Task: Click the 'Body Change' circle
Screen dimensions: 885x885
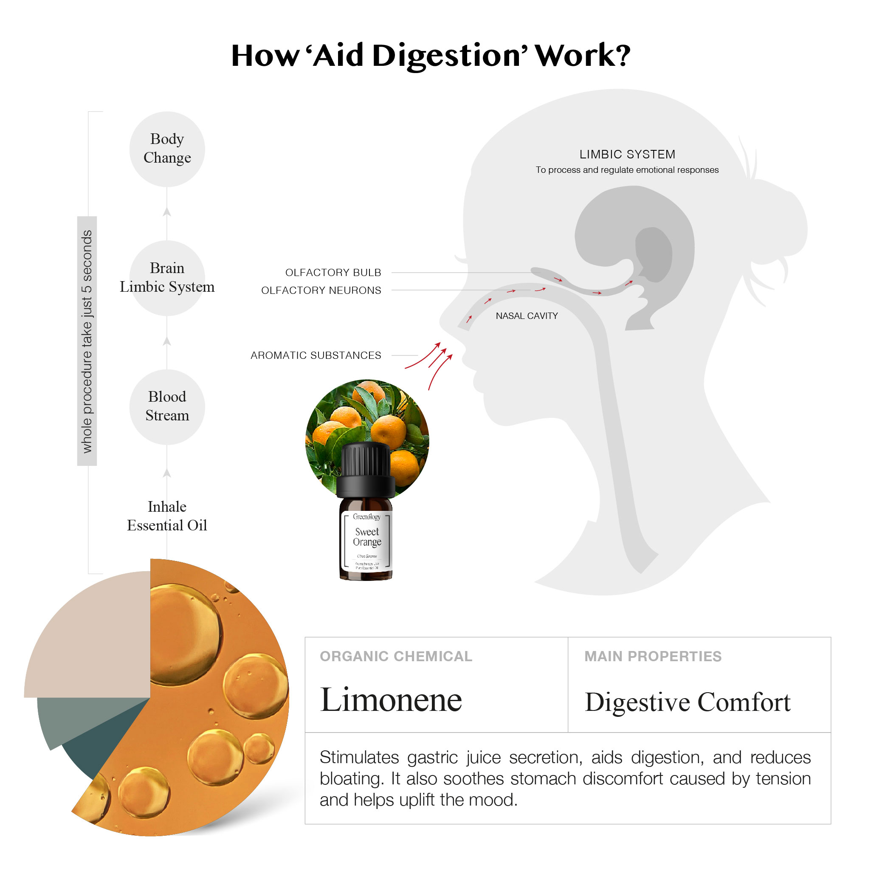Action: (167, 149)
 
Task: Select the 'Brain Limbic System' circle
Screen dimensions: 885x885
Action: (167, 278)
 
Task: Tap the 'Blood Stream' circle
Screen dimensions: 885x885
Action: (167, 406)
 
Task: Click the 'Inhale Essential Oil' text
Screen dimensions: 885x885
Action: (167, 516)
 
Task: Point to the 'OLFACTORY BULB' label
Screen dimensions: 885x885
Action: (333, 273)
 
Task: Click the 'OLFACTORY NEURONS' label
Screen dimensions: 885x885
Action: (321, 290)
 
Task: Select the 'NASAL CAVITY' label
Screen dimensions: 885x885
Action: (526, 316)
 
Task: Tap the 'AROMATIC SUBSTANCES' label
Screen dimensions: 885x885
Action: (316, 355)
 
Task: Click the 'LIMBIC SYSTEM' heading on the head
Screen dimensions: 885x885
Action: (627, 155)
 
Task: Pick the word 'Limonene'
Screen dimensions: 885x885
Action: (391, 700)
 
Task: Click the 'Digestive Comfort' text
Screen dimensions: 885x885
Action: (687, 702)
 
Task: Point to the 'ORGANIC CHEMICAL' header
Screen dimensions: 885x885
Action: (395, 656)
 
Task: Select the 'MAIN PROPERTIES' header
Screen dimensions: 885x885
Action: (652, 656)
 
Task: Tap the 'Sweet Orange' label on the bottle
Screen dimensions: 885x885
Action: (366, 536)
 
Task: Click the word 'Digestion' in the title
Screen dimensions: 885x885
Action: (447, 56)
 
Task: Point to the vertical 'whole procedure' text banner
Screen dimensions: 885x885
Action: (87, 341)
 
